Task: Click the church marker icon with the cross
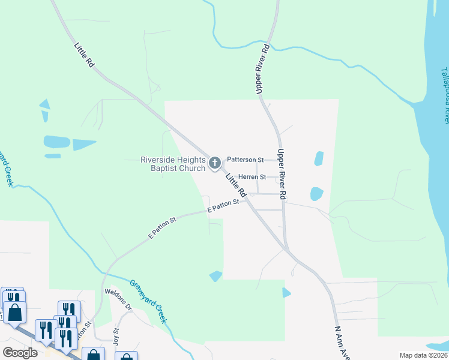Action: click(x=215, y=162)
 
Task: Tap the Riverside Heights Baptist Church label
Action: click(x=173, y=164)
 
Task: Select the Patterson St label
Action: click(x=245, y=160)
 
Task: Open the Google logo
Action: click(x=20, y=352)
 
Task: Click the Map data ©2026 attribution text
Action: click(x=423, y=355)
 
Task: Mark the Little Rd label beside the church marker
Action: click(x=236, y=185)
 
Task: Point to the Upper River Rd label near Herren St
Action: click(x=282, y=175)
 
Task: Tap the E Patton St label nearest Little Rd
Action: click(x=223, y=206)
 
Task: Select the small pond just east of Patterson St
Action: click(x=319, y=158)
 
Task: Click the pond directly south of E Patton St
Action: click(x=215, y=275)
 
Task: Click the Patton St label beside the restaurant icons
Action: click(x=84, y=334)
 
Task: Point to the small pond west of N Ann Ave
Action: click(x=286, y=292)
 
